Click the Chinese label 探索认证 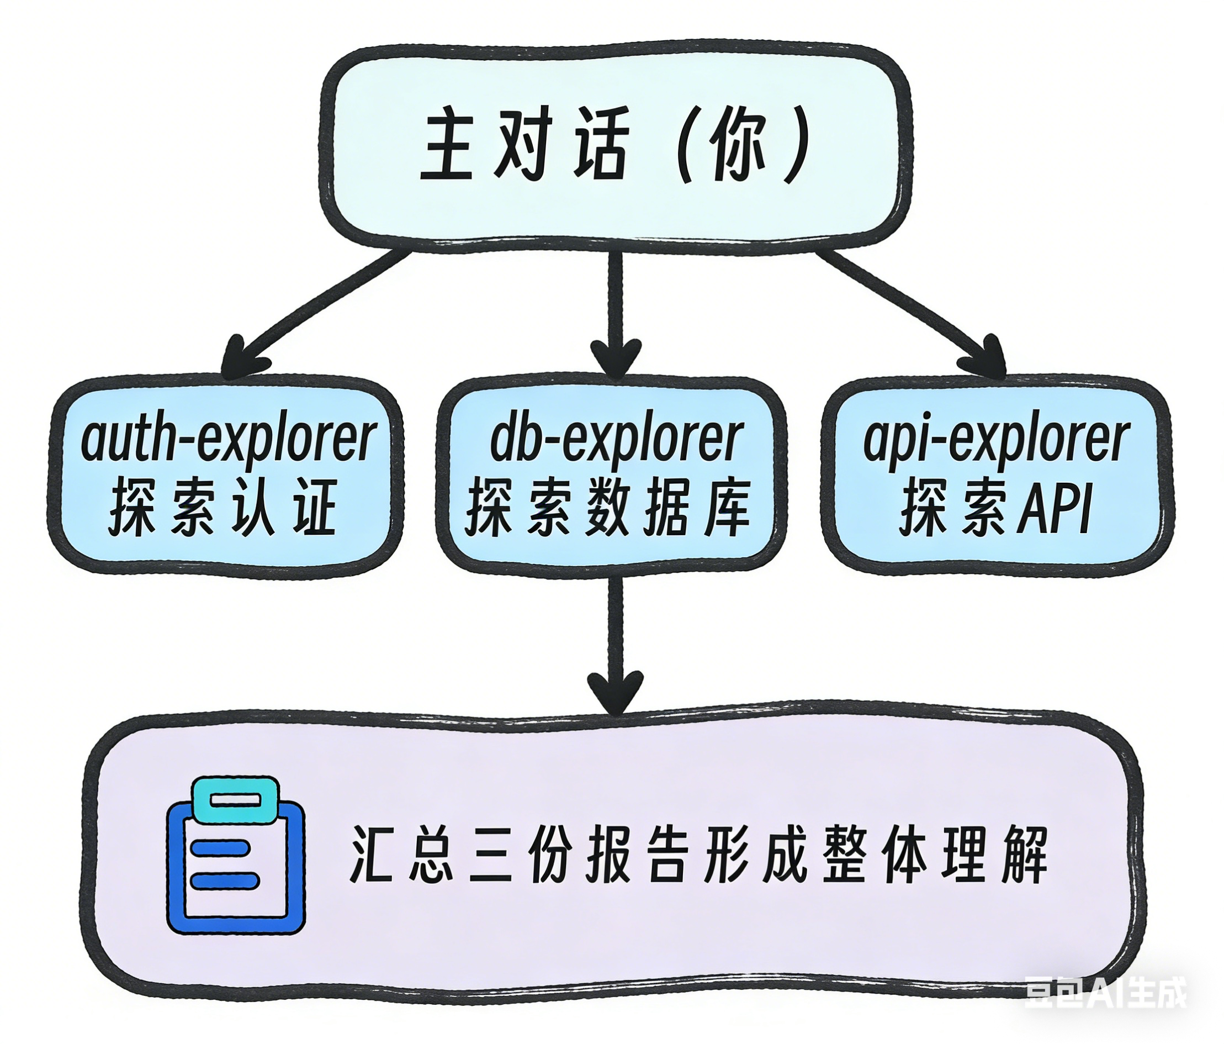pos(223,508)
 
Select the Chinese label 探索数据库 pos(608,508)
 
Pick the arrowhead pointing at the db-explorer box pos(616,357)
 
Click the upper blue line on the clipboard pos(219,847)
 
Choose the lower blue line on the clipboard pos(225,880)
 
